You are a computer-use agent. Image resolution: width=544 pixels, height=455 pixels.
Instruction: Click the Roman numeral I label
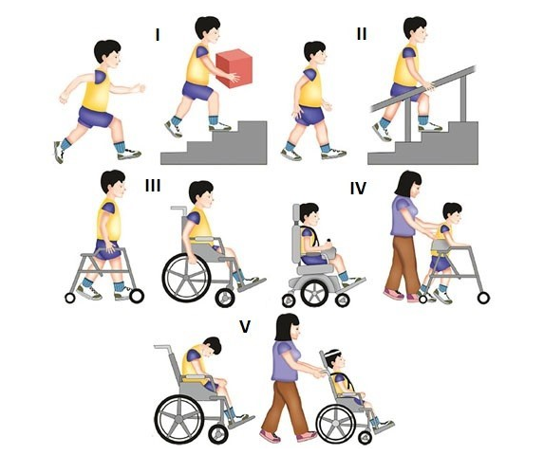(x=158, y=35)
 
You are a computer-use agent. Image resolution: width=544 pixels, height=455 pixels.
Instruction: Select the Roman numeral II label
(x=362, y=34)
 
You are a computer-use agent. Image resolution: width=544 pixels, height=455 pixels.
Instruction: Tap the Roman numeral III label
(x=153, y=186)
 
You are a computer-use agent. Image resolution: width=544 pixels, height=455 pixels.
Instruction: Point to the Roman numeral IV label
(x=358, y=189)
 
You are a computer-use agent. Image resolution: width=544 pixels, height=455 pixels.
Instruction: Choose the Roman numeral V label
(x=245, y=326)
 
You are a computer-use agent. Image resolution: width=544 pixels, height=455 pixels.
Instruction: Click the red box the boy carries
(x=234, y=68)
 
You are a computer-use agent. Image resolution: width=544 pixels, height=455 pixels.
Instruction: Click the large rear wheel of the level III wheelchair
(x=186, y=279)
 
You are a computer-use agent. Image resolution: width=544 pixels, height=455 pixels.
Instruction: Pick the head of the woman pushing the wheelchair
(x=288, y=327)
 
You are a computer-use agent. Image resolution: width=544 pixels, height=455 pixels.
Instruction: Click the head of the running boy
(x=108, y=53)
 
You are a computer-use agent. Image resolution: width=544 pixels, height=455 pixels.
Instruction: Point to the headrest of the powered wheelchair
(x=296, y=214)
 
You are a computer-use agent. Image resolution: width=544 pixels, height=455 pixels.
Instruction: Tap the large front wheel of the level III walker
(x=137, y=296)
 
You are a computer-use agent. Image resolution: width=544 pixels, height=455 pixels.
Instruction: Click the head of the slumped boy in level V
(x=213, y=347)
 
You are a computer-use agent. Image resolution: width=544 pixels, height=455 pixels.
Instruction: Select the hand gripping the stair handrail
(x=428, y=86)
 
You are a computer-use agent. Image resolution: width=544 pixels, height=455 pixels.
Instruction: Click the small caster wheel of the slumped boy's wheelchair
(x=218, y=433)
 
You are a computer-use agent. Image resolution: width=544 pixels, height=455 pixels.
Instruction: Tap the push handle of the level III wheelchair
(x=178, y=209)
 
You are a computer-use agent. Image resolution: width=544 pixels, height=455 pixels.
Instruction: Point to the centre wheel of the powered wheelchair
(x=314, y=293)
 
